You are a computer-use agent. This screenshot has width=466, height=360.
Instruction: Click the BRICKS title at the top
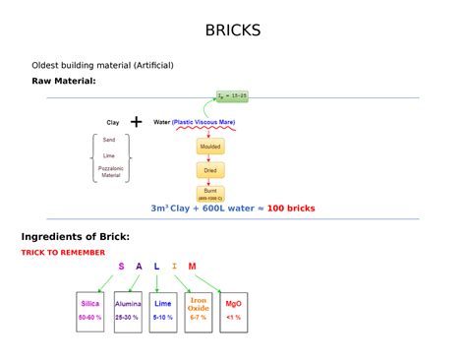[233, 30]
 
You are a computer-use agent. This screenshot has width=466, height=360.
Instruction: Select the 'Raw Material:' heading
[64, 81]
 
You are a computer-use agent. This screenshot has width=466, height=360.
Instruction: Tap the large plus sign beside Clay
[136, 123]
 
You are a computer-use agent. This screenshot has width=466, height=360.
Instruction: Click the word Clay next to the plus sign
[113, 123]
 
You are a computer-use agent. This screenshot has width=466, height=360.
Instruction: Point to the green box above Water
[232, 97]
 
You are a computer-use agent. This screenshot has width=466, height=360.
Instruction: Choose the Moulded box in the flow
[210, 147]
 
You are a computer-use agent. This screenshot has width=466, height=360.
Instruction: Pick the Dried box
[210, 169]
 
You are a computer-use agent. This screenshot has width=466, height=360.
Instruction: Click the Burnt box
[210, 193]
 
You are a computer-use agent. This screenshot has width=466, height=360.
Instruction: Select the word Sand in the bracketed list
[109, 140]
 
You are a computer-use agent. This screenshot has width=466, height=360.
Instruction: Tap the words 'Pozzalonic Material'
[110, 171]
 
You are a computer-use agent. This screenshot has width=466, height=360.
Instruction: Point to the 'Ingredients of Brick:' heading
[76, 237]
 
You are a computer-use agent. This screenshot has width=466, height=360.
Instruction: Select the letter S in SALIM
[122, 267]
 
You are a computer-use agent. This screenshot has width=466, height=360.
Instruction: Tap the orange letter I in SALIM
[175, 267]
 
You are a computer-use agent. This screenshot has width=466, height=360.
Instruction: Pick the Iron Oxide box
[199, 310]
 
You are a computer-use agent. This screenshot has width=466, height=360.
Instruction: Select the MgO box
[233, 310]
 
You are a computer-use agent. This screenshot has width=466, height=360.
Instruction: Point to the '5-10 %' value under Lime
[162, 318]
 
